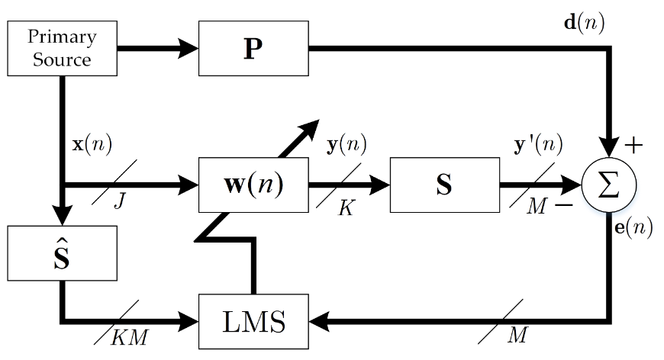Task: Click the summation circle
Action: (x=608, y=185)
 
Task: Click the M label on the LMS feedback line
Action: (x=517, y=336)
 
